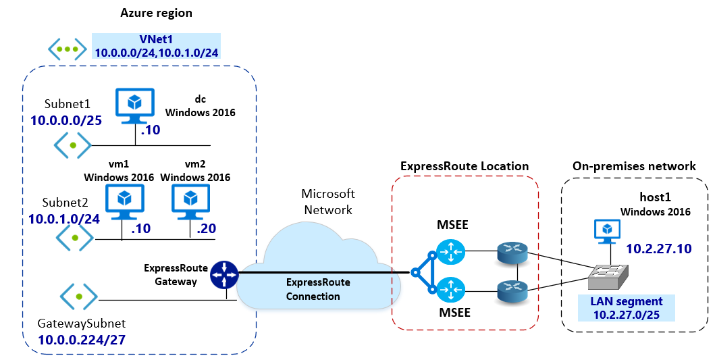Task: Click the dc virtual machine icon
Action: coord(135,105)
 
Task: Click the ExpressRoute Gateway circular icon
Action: coord(225,274)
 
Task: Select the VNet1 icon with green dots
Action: coord(67,49)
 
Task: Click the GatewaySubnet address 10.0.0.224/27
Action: coord(82,340)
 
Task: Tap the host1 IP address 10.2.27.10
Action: coord(658,249)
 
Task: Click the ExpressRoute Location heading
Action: coord(465,166)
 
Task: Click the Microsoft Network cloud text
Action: coord(328,201)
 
